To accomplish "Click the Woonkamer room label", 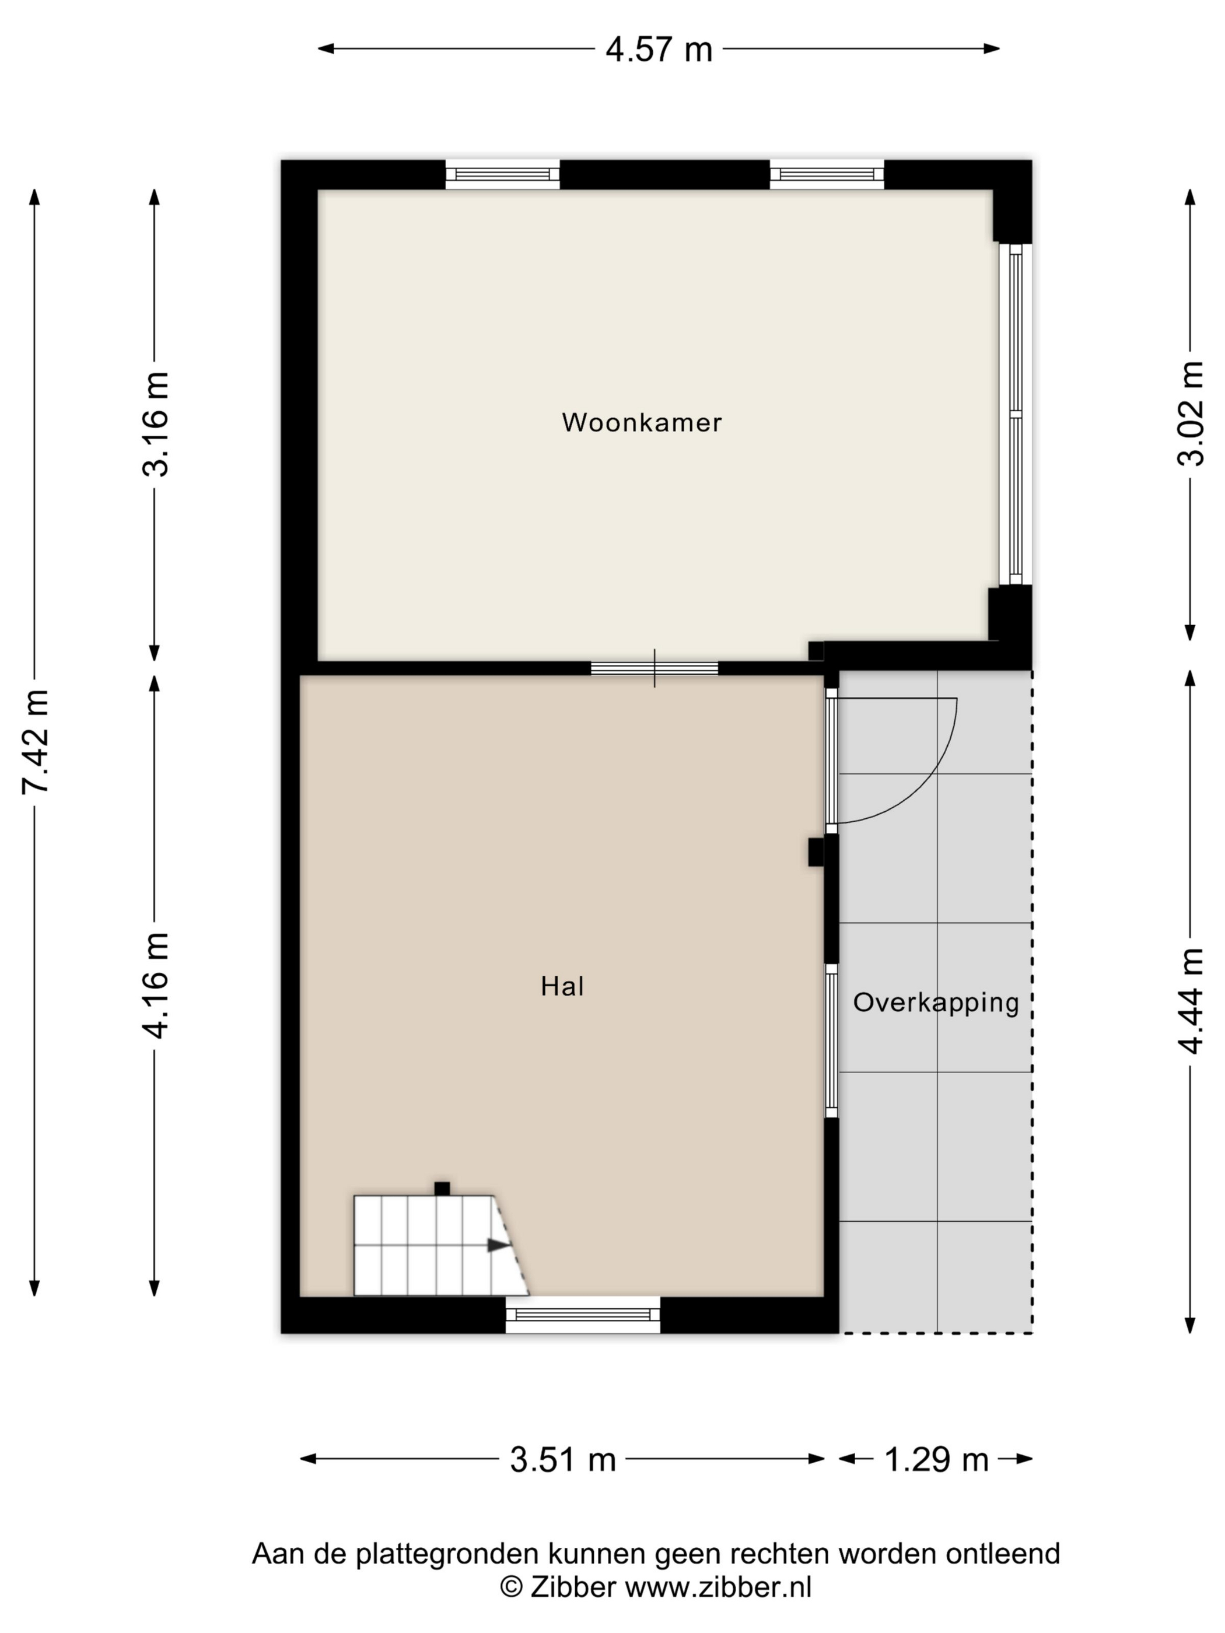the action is (641, 422).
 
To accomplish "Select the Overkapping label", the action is (936, 1003).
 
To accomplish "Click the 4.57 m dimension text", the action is (659, 50).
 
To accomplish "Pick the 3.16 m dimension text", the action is (156, 424).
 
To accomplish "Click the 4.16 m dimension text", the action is (156, 985).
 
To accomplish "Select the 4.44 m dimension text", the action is (1191, 1000).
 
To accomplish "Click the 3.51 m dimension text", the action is (563, 1460).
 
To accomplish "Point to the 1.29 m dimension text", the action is (936, 1460).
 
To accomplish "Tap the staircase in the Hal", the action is (441, 1245).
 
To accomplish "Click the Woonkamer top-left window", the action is (502, 175).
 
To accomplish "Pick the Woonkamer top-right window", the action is (827, 175).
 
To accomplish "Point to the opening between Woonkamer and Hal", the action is (654, 668).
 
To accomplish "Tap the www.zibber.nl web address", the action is (719, 1585).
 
